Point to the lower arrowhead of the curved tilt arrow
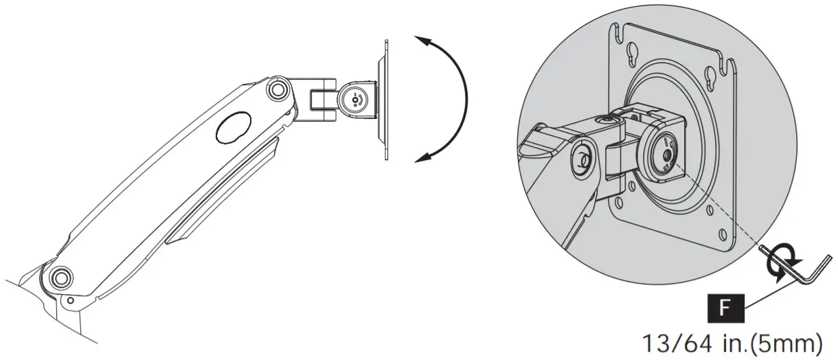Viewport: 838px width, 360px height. click(x=420, y=159)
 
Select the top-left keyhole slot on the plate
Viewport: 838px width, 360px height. click(x=628, y=53)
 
